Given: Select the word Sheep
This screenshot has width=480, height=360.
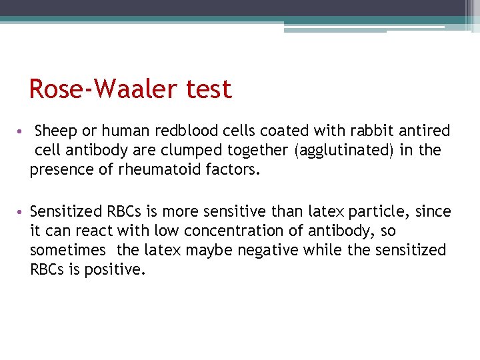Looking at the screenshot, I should [x=55, y=131].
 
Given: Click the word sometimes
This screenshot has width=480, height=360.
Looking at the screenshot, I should [x=68, y=251].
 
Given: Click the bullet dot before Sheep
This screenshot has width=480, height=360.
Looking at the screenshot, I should [x=22, y=131].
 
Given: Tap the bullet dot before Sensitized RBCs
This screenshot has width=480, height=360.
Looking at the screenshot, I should [x=22, y=212].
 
